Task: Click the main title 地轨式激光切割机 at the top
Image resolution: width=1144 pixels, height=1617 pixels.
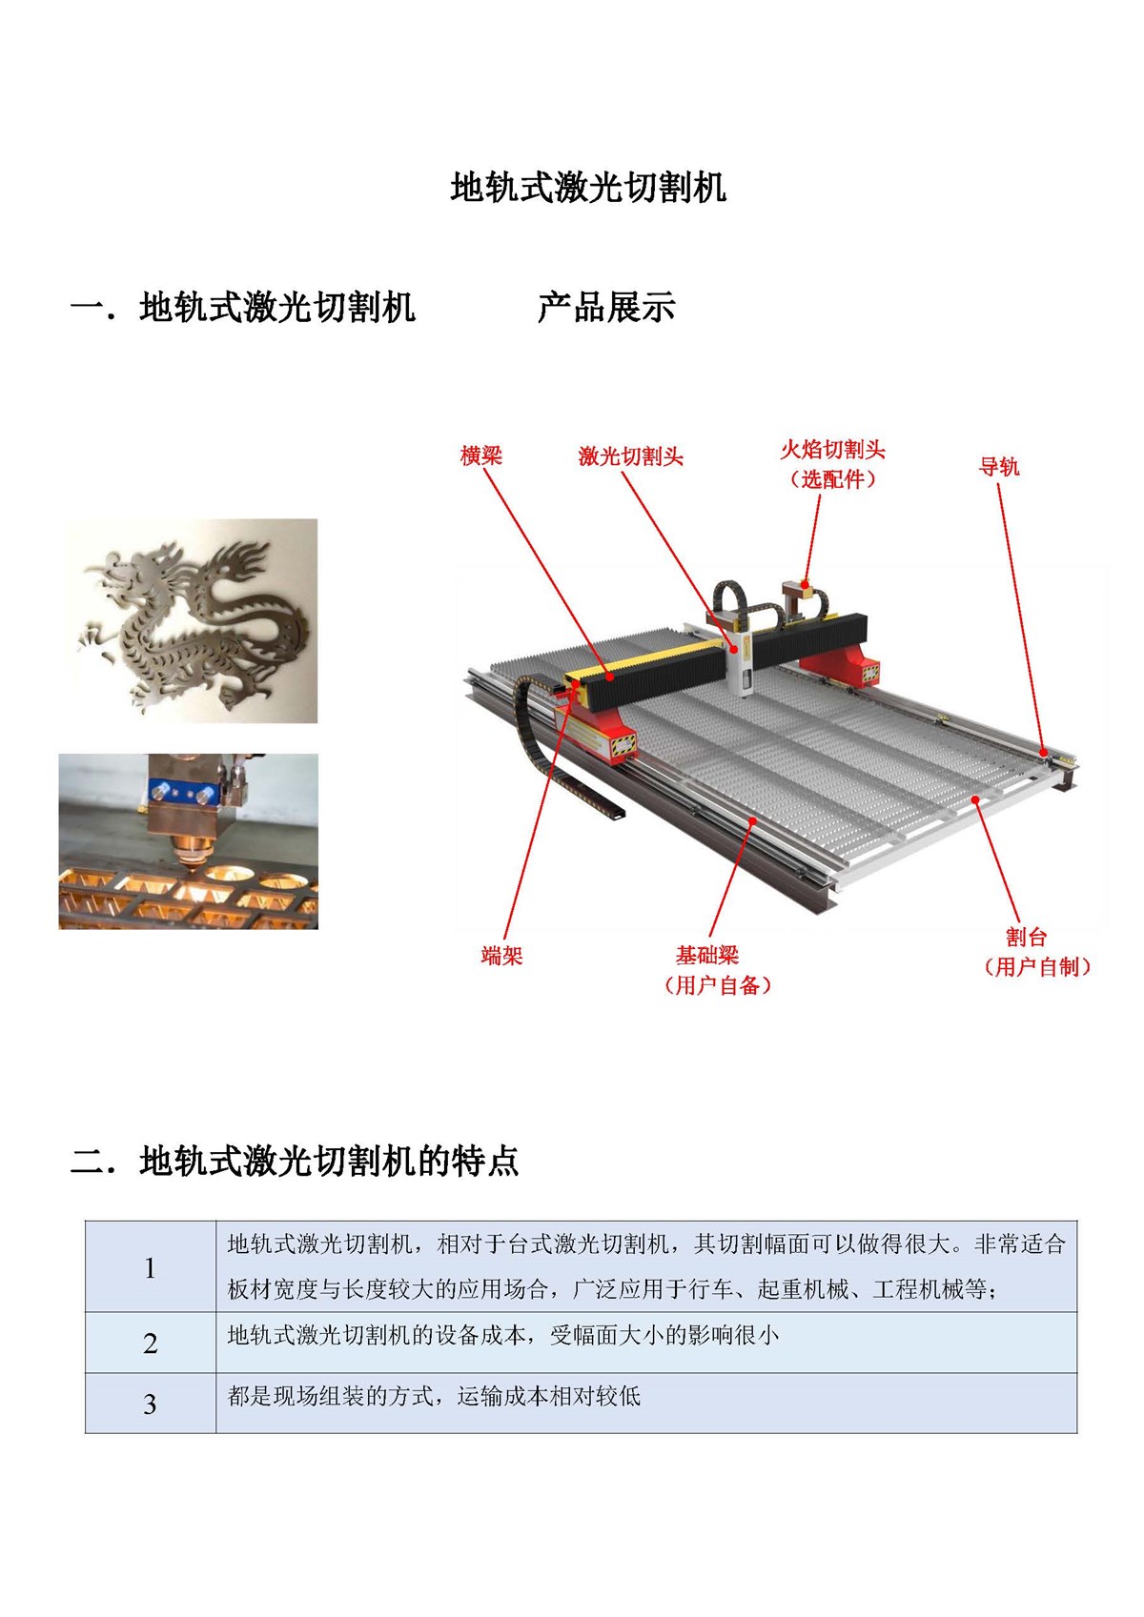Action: click(588, 188)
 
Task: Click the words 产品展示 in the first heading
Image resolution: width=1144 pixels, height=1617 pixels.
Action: click(606, 307)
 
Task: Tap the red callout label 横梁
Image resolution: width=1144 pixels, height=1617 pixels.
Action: click(480, 455)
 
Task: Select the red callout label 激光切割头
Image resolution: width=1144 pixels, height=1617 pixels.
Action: click(630, 456)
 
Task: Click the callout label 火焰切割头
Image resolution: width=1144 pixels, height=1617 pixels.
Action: click(832, 450)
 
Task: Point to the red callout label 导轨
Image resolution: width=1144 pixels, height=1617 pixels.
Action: click(998, 466)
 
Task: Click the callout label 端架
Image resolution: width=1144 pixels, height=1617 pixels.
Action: click(501, 956)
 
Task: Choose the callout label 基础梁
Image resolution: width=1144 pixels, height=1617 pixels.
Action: click(707, 955)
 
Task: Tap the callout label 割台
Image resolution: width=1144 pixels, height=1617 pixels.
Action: click(1026, 937)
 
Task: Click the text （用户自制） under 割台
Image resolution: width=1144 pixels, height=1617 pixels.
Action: click(1036, 967)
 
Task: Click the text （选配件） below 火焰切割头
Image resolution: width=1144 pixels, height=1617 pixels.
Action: click(832, 479)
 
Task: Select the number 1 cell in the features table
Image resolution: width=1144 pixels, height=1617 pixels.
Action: click(150, 1267)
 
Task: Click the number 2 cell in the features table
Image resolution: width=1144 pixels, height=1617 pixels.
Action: click(150, 1344)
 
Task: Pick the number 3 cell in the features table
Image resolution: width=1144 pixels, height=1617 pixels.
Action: click(150, 1404)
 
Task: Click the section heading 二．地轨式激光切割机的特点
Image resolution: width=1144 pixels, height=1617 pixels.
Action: click(295, 1161)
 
